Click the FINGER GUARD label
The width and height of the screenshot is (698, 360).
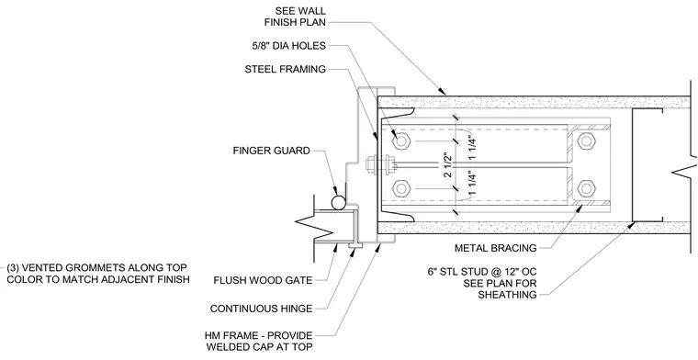coord(271,151)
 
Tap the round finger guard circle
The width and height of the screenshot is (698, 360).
coord(338,202)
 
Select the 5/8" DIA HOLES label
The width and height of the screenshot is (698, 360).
coord(288,45)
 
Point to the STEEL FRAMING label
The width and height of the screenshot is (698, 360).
coord(286,70)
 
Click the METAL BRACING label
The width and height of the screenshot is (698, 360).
coord(495,248)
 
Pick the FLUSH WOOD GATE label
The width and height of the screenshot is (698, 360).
coord(263,280)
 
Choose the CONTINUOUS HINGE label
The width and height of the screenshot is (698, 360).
coord(262,309)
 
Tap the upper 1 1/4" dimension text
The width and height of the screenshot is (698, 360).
coord(473,142)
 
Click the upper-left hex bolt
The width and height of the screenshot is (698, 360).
coord(400,141)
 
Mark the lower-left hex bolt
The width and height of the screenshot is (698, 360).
coord(400,188)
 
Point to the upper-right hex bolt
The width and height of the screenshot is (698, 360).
coord(586,141)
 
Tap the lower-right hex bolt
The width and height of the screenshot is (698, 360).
coord(586,188)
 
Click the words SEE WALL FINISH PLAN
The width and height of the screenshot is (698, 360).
coord(295,16)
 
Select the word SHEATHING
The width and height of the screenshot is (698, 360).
coord(508,295)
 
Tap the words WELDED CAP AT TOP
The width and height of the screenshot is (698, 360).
coord(260,347)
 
